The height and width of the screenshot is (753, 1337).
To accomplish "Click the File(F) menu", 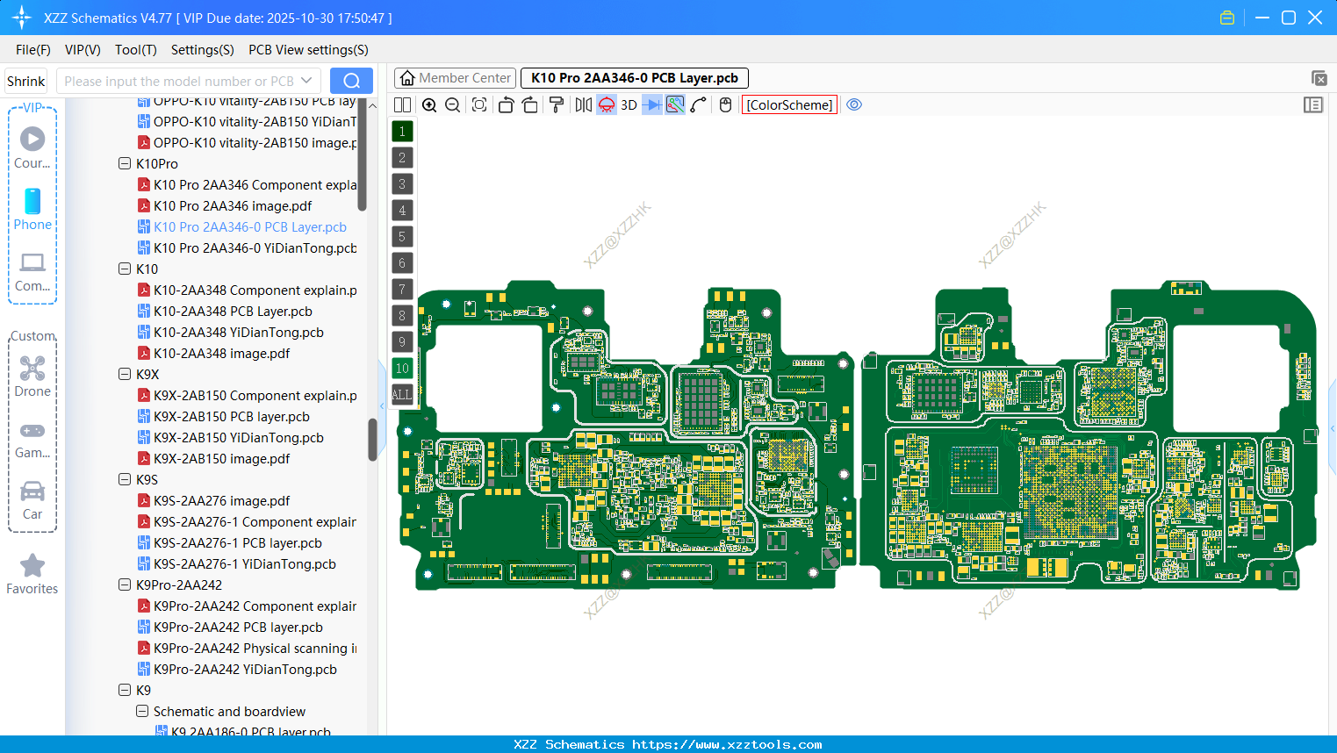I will coord(32,50).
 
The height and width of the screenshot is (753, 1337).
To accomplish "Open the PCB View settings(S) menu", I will coord(308,50).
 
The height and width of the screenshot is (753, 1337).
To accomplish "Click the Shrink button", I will coord(25,82).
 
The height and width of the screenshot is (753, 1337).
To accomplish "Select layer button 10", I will coord(402,369).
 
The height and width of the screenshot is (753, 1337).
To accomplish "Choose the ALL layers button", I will coord(402,395).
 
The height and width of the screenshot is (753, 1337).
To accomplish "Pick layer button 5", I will coord(402,237).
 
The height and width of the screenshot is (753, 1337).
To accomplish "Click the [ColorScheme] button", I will coord(789,105).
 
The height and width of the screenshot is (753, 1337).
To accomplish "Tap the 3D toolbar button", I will coord(629,105).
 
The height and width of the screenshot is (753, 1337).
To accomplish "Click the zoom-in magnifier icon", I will coord(429,105).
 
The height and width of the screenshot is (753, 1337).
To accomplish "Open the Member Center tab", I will coord(456,78).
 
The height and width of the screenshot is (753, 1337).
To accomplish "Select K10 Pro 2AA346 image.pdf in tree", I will coord(233,206).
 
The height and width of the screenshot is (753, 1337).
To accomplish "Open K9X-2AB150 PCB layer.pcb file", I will coord(232,417).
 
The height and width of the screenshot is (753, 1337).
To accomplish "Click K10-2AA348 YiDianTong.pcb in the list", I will coord(238,333).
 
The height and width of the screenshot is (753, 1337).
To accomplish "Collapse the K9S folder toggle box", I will coord(125,480).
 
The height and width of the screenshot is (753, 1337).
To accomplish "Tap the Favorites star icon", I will coord(32,566).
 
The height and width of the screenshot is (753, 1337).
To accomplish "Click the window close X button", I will coord(1315,18).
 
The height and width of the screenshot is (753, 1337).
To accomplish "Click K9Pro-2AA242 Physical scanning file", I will coord(255,649).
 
